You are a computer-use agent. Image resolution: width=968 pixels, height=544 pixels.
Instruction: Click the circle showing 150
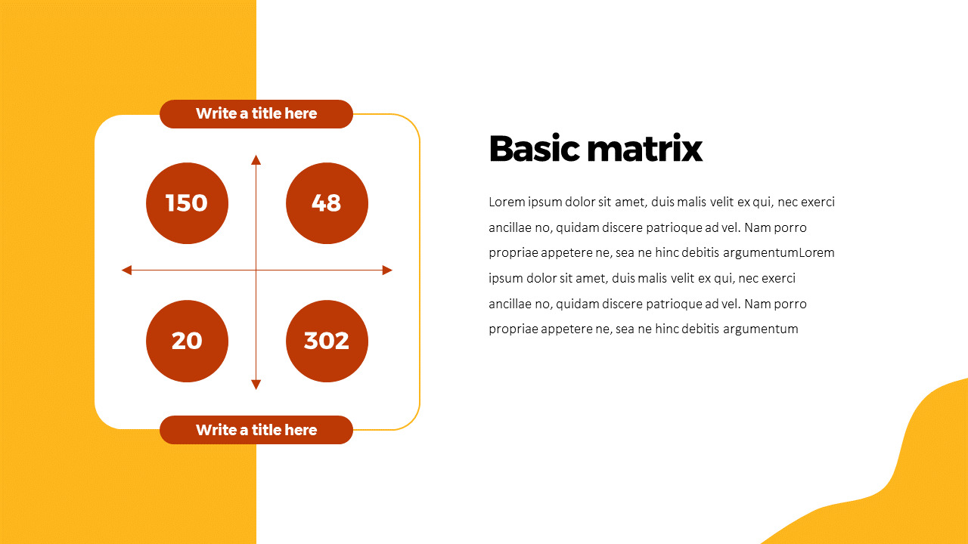[187, 203]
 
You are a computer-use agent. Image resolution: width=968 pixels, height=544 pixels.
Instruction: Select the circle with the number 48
[327, 203]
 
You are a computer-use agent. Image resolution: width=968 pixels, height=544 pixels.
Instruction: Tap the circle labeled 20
[187, 341]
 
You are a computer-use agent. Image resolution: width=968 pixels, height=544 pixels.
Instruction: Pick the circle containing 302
[327, 341]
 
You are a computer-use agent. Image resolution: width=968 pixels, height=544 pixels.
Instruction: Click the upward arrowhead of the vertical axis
[256, 159]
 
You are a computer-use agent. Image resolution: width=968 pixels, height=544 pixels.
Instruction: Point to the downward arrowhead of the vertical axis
[256, 385]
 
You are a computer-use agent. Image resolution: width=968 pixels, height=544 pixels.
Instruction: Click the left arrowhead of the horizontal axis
[126, 270]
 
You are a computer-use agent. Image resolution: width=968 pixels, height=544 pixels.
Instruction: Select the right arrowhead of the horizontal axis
[387, 270]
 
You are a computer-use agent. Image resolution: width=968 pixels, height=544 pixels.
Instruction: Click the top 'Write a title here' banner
[256, 114]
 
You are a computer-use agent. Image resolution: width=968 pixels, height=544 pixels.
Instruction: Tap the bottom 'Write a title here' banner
[256, 430]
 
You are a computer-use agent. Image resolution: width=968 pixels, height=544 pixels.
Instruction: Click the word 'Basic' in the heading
[535, 149]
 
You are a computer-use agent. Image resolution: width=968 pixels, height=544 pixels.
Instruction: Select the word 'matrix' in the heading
[646, 149]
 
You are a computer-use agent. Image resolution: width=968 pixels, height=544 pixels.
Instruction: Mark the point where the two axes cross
[256, 270]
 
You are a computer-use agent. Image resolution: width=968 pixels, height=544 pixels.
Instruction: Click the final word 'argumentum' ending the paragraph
[761, 329]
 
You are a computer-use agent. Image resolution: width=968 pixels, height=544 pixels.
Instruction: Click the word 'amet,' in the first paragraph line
[631, 202]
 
